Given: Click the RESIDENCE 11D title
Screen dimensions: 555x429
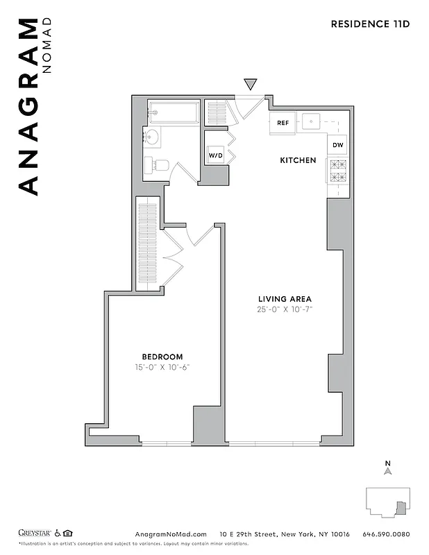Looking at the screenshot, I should point(370,24).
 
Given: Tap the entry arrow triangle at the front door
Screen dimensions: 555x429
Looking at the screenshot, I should point(251,85).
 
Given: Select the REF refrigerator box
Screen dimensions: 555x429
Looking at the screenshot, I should point(283,123).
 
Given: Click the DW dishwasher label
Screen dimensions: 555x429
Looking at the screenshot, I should point(337,145).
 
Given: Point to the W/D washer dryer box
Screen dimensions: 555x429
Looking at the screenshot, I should point(215,155).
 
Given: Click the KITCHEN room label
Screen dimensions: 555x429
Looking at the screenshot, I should point(298,160).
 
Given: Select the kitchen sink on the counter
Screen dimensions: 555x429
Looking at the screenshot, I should point(312,122).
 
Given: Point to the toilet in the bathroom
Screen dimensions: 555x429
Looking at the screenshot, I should point(158,165).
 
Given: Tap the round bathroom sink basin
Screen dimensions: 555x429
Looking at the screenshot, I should point(151,136).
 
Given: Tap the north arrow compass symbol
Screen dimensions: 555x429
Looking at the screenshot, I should point(388,469).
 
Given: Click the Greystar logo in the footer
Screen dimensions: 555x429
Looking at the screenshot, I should point(35,533).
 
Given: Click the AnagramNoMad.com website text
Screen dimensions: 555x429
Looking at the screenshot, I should point(170,534).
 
